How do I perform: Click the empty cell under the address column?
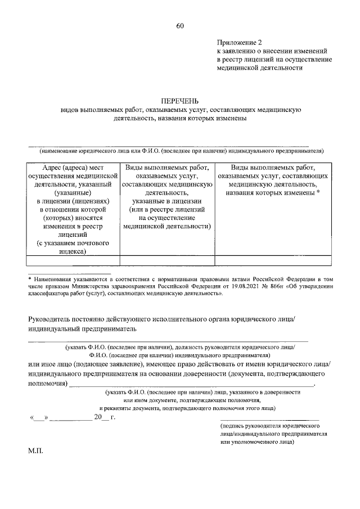tap(74, 260)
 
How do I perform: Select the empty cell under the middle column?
tap(166, 260)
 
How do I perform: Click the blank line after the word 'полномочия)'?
tap(191, 384)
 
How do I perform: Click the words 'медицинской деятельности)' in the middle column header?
tap(166, 226)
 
